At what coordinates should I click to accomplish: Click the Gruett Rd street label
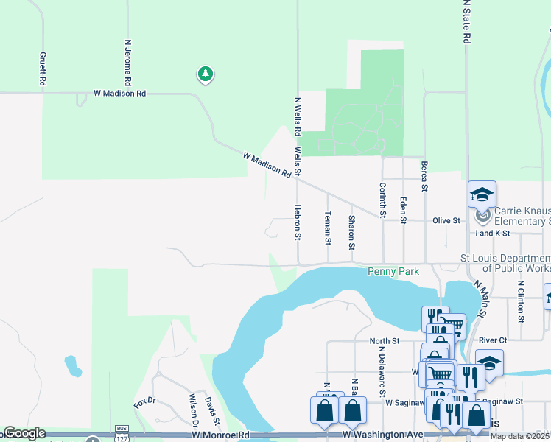[x=43, y=69]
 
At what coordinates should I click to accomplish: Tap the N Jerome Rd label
[x=128, y=62]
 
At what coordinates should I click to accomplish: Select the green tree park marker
[x=206, y=74]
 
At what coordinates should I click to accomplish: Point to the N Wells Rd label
[x=298, y=116]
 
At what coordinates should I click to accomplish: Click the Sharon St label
[x=352, y=231]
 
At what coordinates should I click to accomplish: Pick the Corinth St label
[x=382, y=200]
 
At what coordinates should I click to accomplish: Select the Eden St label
[x=403, y=209]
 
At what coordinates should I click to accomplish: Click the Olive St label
[x=446, y=220]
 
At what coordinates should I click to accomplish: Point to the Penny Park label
[x=393, y=272]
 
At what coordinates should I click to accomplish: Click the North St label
[x=384, y=341]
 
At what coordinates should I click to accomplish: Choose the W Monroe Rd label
[x=220, y=435]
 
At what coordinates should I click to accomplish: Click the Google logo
[x=24, y=433]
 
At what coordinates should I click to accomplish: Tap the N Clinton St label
[x=520, y=302]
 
